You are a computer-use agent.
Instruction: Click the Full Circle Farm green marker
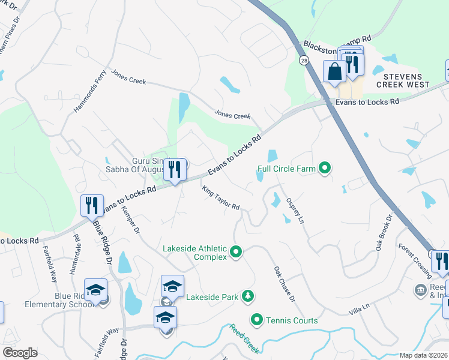pyautogui.click(x=325, y=168)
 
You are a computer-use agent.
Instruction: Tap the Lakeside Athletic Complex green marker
pyautogui.click(x=236, y=252)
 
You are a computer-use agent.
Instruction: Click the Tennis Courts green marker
pyautogui.click(x=258, y=320)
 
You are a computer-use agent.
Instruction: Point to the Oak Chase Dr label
pyautogui.click(x=285, y=284)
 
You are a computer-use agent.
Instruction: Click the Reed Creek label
pyautogui.click(x=243, y=340)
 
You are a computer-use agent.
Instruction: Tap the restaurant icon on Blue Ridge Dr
pyautogui.click(x=92, y=205)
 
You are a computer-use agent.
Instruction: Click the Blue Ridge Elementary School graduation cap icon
pyautogui.click(x=96, y=290)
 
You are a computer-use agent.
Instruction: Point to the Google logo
pyautogui.click(x=20, y=353)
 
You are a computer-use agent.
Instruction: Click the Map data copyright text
pyautogui.click(x=424, y=355)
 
